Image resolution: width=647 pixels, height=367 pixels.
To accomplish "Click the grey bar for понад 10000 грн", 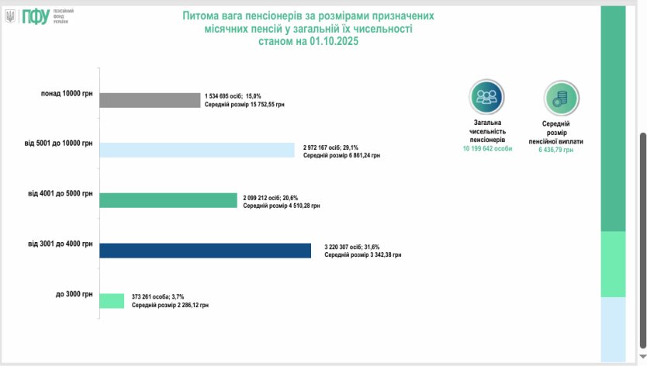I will pyautogui.click(x=150, y=100).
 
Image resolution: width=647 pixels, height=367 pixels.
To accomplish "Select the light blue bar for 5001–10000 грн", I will pyautogui.click(x=197, y=151).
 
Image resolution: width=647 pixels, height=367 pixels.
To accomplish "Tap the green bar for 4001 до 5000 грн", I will pyautogui.click(x=168, y=200).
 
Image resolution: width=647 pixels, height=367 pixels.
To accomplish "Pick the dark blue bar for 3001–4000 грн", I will pyautogui.click(x=206, y=250).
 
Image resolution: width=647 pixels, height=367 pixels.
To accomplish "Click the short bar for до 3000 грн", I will pyautogui.click(x=112, y=300).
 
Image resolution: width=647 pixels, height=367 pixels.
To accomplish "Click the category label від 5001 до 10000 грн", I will pyautogui.click(x=58, y=144).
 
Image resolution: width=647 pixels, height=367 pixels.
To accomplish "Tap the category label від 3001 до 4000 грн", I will pyautogui.click(x=60, y=244).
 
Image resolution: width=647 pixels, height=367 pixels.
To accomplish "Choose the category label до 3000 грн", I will pyautogui.click(x=74, y=294).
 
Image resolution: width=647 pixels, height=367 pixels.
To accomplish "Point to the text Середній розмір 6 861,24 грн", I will pyautogui.click(x=341, y=155).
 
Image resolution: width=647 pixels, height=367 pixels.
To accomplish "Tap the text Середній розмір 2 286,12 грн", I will pyautogui.click(x=169, y=305).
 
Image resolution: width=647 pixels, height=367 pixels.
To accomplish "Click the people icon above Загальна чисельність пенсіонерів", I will pyautogui.click(x=486, y=97).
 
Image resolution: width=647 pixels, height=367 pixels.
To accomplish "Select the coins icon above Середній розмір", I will pyautogui.click(x=562, y=98).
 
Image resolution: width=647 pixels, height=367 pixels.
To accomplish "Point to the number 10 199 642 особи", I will pyautogui.click(x=487, y=147).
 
